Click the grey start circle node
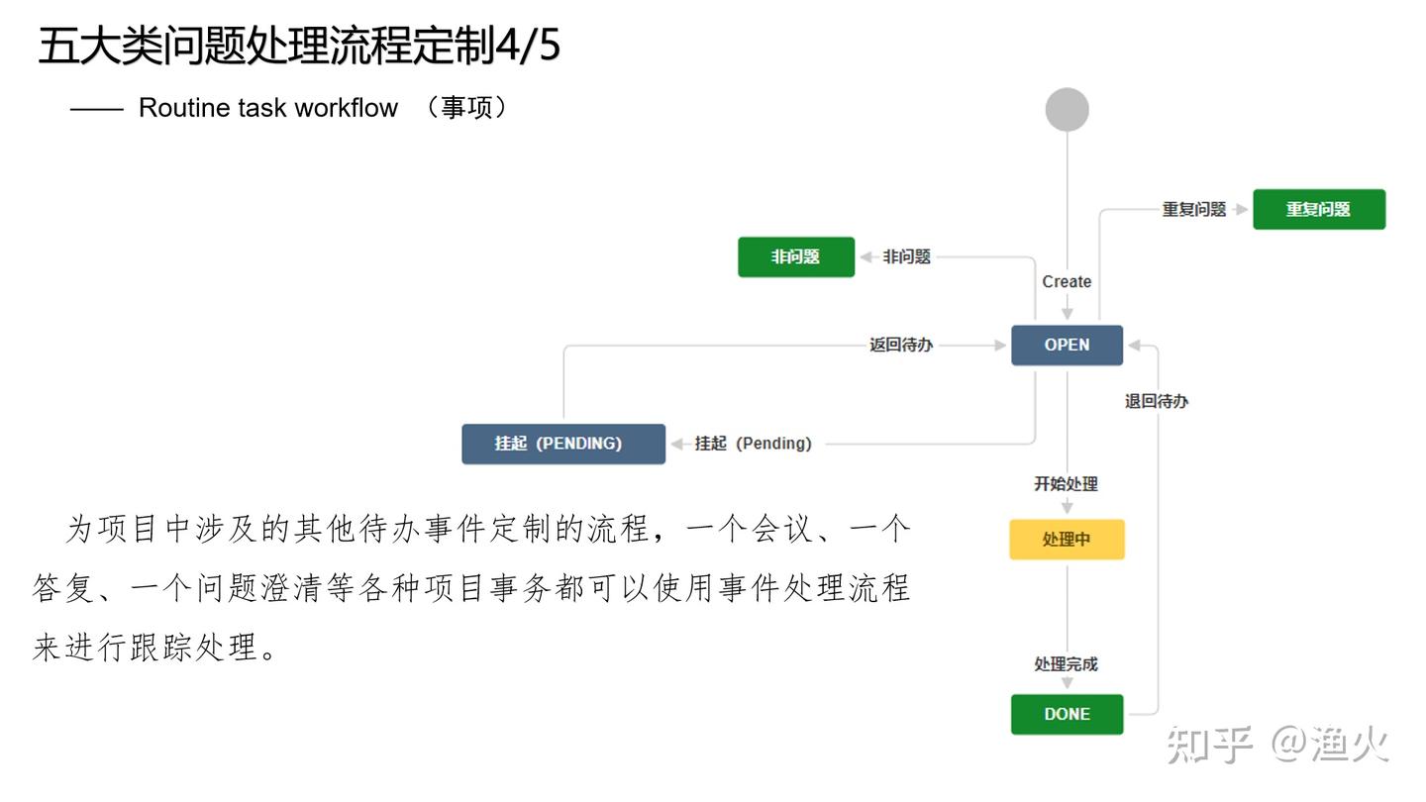point(1067,110)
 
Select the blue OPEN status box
point(1067,346)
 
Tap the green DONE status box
point(1067,714)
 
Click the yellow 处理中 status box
point(1067,540)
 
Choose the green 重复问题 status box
point(1318,209)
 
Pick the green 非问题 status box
point(795,257)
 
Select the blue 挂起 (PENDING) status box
point(562,444)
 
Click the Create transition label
point(1067,282)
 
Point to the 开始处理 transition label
point(1067,484)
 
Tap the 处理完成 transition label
point(1067,664)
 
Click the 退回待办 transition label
point(1157,402)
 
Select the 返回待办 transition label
point(901,346)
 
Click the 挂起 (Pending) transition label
point(753,444)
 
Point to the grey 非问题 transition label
point(907,257)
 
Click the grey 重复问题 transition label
point(1194,210)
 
